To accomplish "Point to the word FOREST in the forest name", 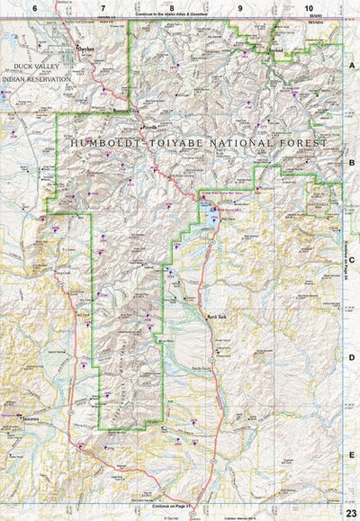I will (x=305, y=141).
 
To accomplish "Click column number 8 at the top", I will (x=171, y=8).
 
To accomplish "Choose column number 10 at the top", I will (x=309, y=8).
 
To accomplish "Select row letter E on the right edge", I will (x=352, y=455).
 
